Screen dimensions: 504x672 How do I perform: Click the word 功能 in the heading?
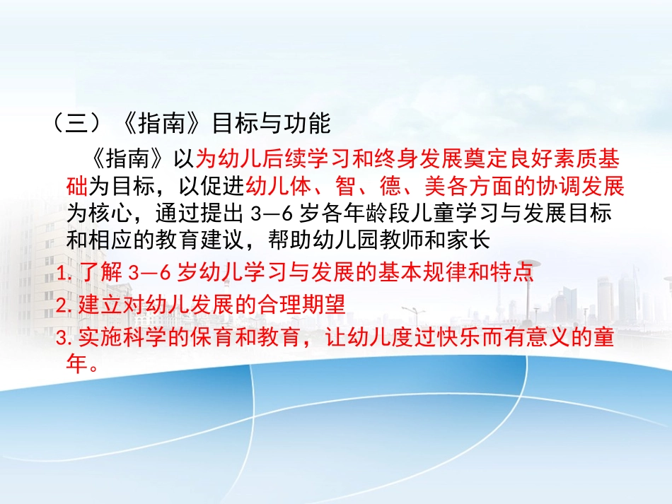point(310,124)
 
